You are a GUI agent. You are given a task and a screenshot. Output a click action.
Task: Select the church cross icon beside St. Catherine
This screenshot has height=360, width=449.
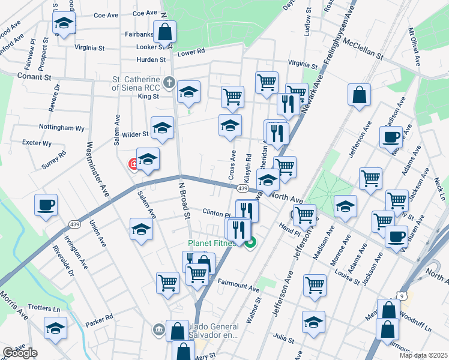(169, 82)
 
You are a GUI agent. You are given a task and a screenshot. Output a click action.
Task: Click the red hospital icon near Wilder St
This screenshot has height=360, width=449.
(134, 164)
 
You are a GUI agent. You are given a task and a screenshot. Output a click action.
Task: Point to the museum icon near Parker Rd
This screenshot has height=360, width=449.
(158, 329)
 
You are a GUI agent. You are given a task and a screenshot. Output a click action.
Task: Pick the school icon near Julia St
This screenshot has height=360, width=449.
(313, 322)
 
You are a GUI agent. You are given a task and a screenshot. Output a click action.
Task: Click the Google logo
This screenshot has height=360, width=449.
(20, 353)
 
